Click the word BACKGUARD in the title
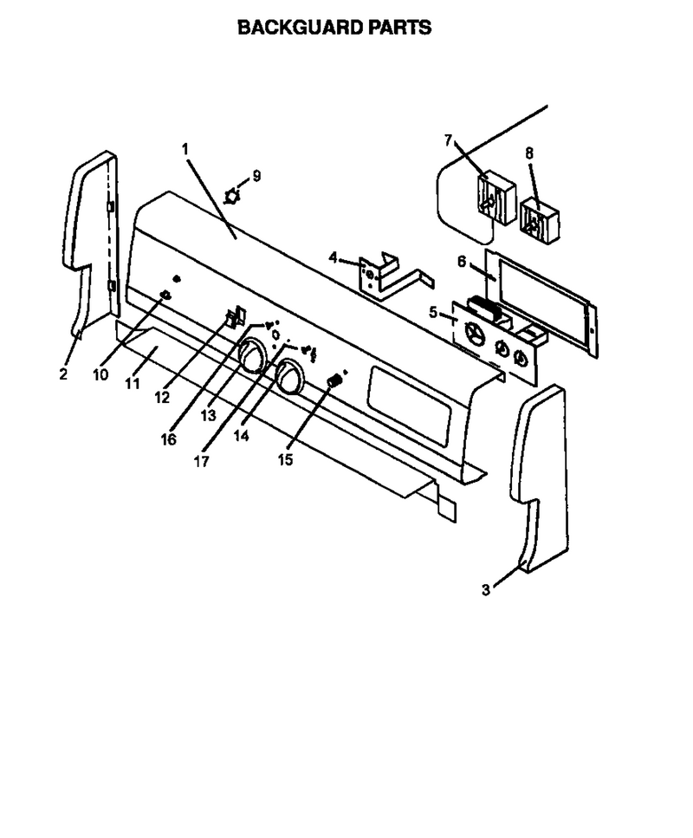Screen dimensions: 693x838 [x=301, y=27]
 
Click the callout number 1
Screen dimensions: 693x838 [x=185, y=149]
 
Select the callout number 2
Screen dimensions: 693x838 [x=63, y=374]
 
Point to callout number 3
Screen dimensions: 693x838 [x=485, y=590]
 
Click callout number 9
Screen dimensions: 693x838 [x=256, y=176]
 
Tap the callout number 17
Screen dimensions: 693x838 [x=202, y=461]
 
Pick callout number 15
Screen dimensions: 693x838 [x=285, y=459]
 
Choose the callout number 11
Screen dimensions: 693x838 [x=132, y=383]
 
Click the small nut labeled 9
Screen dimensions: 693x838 [x=231, y=196]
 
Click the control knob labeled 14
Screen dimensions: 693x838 [x=288, y=377]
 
